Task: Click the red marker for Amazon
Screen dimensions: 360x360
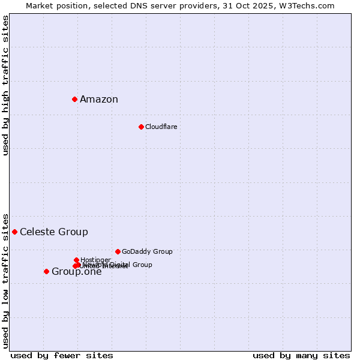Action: coord(74,99)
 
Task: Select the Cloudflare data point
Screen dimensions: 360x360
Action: coord(141,127)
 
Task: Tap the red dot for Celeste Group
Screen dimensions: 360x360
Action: coord(14,232)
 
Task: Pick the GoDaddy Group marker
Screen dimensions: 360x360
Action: coord(118,251)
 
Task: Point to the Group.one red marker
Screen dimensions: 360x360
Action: coord(46,271)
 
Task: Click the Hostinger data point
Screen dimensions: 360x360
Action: coord(76,260)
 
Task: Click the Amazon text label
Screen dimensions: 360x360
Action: coord(99,100)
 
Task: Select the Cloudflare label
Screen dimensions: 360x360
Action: coord(161,127)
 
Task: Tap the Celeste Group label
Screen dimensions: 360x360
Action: coord(54,232)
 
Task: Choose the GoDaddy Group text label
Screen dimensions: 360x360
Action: coord(147,251)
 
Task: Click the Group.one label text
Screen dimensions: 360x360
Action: coord(77,272)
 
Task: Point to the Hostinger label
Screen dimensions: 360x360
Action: coord(95,260)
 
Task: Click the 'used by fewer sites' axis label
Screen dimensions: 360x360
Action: coord(62,355)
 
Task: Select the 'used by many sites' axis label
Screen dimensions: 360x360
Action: coord(301,355)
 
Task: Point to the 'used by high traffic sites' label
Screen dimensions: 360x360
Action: coord(5,85)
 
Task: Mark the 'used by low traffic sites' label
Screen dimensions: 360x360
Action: coord(5,280)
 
